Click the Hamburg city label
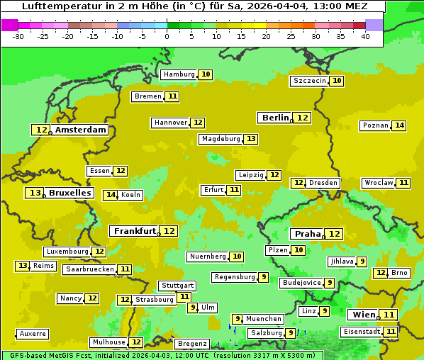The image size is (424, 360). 179,74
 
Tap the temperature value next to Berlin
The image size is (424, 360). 303,118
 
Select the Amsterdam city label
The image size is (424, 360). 81,130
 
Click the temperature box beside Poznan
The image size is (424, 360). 400,125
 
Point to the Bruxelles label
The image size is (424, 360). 69,193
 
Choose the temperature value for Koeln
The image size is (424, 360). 111,195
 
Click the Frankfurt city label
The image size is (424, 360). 135,231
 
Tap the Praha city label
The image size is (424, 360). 308,234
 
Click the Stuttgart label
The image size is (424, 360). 177,286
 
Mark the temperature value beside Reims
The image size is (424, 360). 23,266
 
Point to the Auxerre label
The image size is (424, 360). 33,334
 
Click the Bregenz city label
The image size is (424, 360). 192,344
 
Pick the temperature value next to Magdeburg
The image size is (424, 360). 251,139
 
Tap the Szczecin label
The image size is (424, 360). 310,81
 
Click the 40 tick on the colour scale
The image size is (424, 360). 365,36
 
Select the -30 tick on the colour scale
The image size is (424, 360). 18,36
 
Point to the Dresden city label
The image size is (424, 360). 323,183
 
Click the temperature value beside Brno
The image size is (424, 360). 381,273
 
